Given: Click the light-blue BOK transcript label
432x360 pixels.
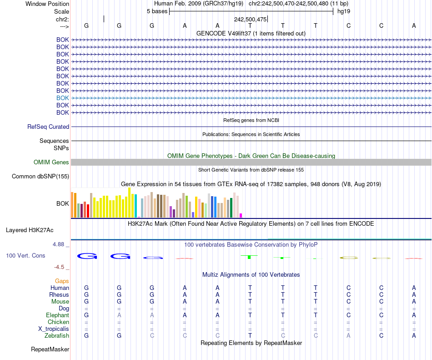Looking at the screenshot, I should point(63,98).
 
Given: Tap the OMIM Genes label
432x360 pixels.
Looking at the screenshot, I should point(51,162).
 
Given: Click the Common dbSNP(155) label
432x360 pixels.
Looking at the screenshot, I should point(40,177).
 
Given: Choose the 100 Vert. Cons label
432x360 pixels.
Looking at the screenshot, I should point(25,256).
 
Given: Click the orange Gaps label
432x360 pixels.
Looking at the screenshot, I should point(62,281).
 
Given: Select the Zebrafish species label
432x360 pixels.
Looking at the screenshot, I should point(57,336).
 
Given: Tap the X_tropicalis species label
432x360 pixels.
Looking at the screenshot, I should point(54,329).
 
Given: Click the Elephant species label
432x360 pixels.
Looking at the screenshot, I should point(57,315).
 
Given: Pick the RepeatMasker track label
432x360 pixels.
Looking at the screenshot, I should point(50,350).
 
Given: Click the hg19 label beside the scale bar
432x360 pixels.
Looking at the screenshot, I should point(344,11).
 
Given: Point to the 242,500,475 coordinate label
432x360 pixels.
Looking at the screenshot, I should point(250,20).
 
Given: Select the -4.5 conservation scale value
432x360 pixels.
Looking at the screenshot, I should point(61,267).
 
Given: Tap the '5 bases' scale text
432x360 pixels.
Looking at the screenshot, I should point(157,11).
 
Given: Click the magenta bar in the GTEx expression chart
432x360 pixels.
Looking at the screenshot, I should point(241,215).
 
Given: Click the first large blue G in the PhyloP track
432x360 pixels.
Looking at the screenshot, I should point(87,256).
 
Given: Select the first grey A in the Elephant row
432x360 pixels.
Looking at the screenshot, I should point(119,315).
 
